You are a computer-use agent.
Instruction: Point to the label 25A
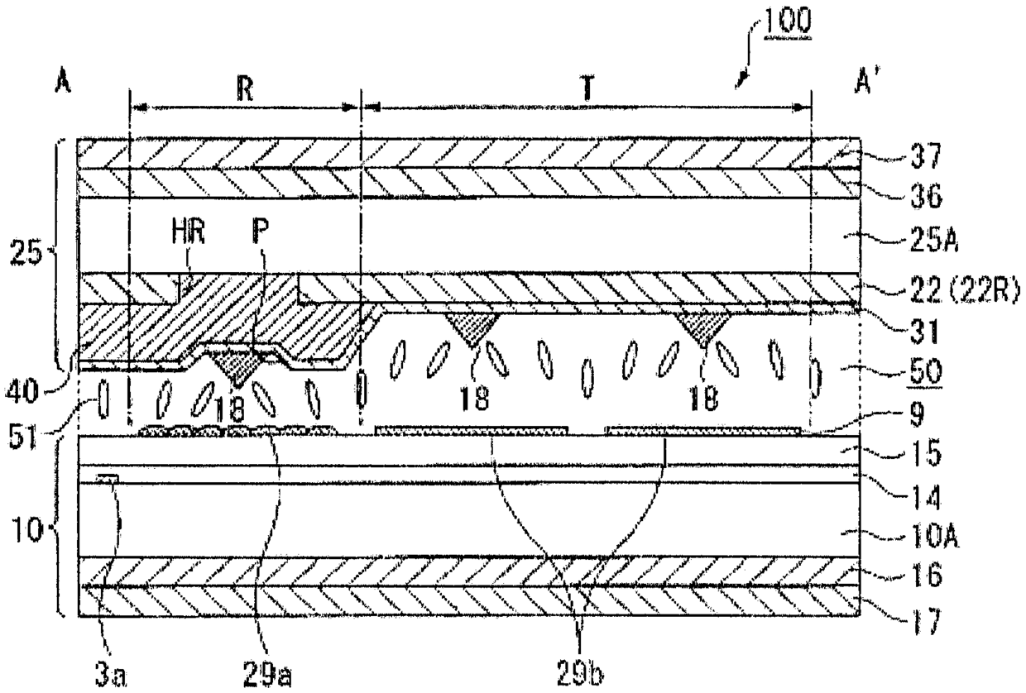(x=933, y=240)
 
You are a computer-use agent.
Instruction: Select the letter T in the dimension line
(x=587, y=92)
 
